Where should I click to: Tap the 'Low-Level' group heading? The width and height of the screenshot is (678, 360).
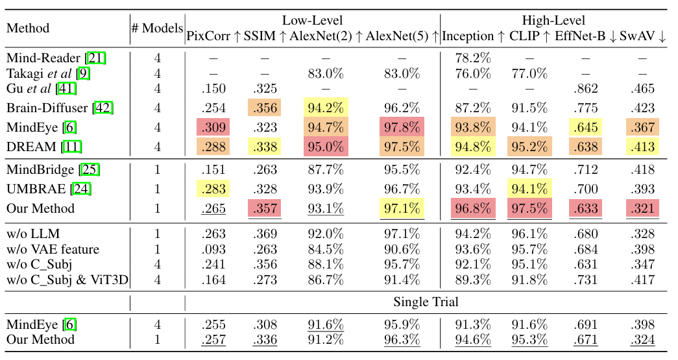(313, 21)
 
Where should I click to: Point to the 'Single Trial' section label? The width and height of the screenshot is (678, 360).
(425, 302)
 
